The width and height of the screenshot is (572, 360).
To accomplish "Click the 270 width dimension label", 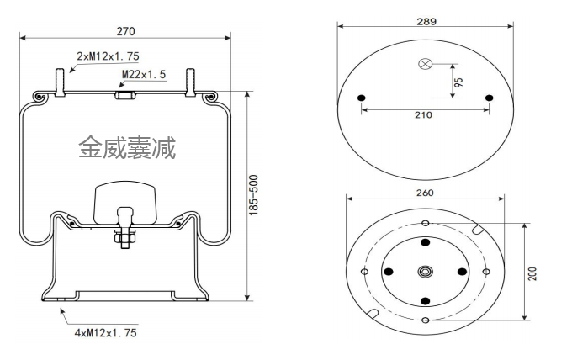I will (x=125, y=31).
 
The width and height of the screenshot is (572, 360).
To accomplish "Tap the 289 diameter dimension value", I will (x=426, y=22).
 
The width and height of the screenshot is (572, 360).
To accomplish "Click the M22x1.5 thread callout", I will (x=144, y=75).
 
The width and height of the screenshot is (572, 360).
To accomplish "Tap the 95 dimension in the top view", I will (x=459, y=82).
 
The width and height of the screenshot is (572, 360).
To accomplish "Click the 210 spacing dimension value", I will (x=425, y=114).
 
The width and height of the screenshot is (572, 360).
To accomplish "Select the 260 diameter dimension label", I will (x=425, y=193).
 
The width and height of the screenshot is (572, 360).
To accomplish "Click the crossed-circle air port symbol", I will (x=426, y=64).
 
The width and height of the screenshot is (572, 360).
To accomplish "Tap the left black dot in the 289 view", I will (x=362, y=99).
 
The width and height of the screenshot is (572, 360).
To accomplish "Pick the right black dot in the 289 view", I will (x=490, y=99).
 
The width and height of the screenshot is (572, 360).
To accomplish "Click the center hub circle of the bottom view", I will (x=426, y=272).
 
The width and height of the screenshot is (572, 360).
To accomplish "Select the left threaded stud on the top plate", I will (x=61, y=81).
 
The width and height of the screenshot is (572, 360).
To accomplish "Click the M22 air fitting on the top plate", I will (x=124, y=94).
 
